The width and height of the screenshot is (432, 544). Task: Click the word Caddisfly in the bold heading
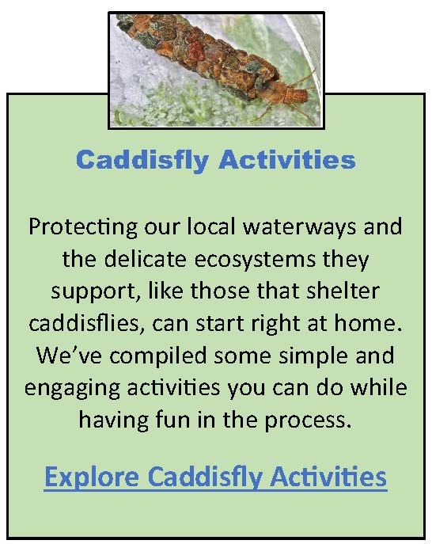point(142,161)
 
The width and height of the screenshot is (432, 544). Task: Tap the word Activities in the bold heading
point(287,159)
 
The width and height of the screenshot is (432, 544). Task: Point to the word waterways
point(299,227)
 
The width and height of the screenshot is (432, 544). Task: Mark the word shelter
point(343,291)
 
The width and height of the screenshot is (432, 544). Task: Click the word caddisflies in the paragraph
point(86,323)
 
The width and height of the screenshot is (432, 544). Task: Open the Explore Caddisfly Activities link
point(215,477)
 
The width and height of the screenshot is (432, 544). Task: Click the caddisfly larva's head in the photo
point(294,95)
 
